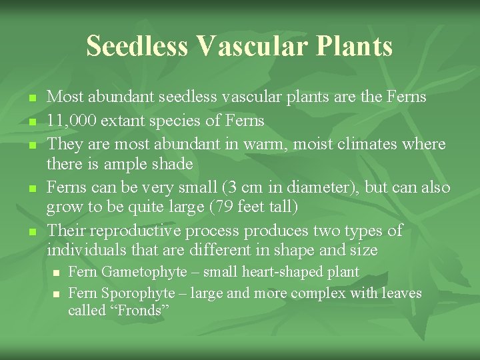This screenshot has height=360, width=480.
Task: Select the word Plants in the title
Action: (357, 46)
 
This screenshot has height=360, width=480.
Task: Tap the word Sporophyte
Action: (137, 293)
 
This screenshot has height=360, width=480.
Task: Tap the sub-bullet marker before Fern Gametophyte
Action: (57, 273)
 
